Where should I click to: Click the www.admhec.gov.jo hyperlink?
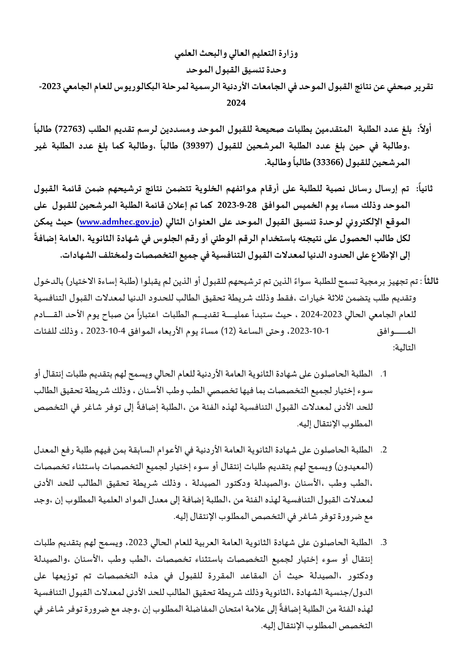(119, 222)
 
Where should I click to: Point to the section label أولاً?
(424, 129)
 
